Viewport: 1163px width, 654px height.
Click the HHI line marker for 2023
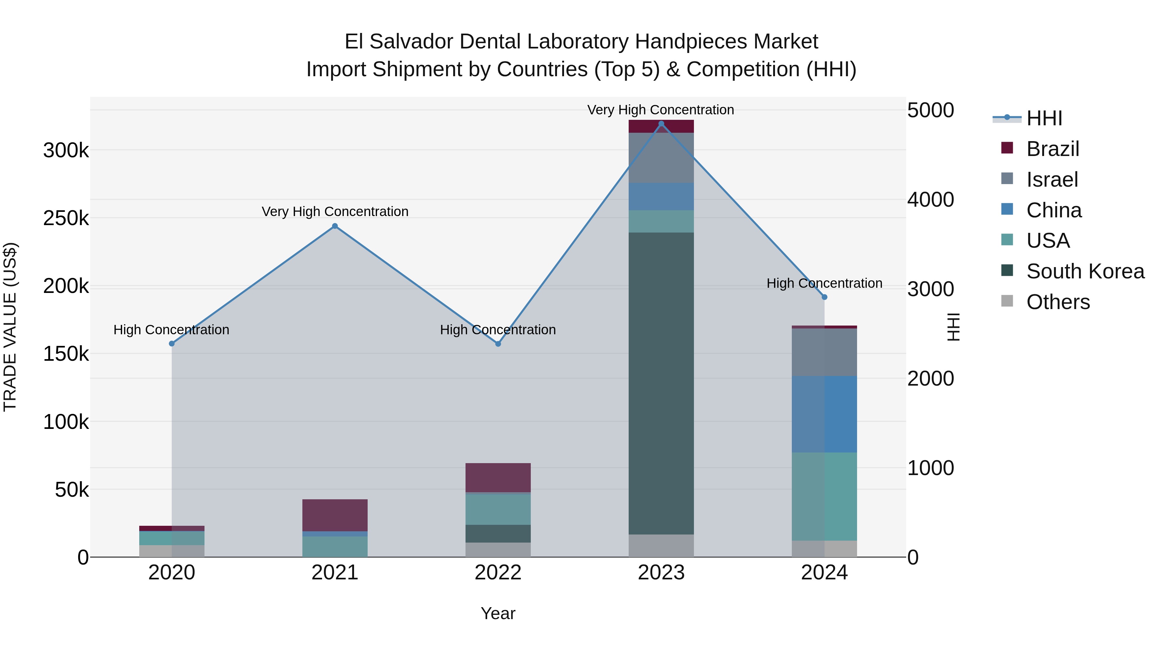pyautogui.click(x=661, y=124)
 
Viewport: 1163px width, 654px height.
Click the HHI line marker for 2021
pyautogui.click(x=335, y=226)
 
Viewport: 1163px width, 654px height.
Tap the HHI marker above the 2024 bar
pyautogui.click(x=824, y=297)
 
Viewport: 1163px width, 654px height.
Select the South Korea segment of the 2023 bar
pyautogui.click(x=661, y=384)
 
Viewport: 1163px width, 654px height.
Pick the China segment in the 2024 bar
pyautogui.click(x=824, y=414)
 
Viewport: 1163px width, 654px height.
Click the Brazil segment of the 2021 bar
pyautogui.click(x=335, y=515)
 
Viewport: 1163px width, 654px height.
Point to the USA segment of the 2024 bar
pyautogui.click(x=824, y=496)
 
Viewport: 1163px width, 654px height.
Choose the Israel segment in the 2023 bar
pyautogui.click(x=661, y=158)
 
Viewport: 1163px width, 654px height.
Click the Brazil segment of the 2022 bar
pyautogui.click(x=498, y=478)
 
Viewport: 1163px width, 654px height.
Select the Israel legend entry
pyautogui.click(x=1052, y=180)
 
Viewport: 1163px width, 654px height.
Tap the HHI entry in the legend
pyautogui.click(x=1044, y=118)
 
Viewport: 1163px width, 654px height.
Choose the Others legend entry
pyautogui.click(x=1058, y=302)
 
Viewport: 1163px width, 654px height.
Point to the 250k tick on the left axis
pyautogui.click(x=66, y=218)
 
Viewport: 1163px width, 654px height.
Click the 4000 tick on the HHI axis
pyautogui.click(x=930, y=200)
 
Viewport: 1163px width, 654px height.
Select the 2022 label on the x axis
pyautogui.click(x=498, y=573)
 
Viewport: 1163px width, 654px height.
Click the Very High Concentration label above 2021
pyautogui.click(x=335, y=211)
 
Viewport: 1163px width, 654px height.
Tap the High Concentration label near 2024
pyautogui.click(x=824, y=284)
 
